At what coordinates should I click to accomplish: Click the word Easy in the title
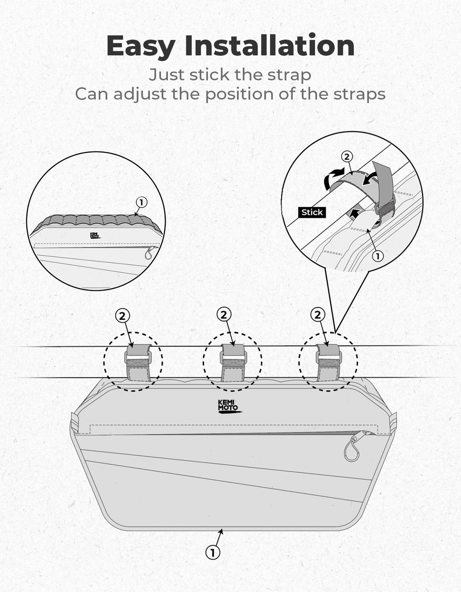tap(141, 46)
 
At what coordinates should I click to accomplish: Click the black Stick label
tap(312, 212)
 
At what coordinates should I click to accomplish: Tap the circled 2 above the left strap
tap(123, 316)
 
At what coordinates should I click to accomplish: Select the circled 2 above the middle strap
tap(224, 315)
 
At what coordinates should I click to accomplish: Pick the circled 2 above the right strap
tap(318, 315)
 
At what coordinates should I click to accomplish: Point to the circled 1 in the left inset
tap(141, 202)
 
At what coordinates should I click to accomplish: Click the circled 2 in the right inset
tap(347, 157)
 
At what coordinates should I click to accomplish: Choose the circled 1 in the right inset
tap(378, 256)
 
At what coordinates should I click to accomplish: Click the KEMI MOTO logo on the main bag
tap(229, 407)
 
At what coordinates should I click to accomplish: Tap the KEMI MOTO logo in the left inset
tap(95, 236)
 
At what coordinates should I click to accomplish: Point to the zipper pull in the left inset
tap(149, 252)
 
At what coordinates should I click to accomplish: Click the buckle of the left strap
tap(137, 357)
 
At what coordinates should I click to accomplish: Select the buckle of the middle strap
tap(233, 357)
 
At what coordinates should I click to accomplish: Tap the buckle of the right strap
tap(329, 357)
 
